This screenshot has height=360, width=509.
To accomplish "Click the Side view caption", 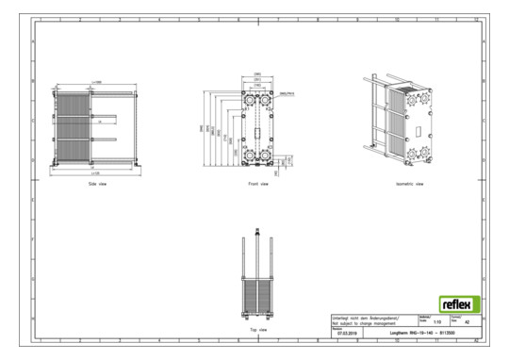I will point(96,185).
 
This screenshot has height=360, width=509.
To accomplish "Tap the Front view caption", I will point(257,185).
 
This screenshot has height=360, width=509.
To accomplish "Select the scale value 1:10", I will point(435,323).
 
